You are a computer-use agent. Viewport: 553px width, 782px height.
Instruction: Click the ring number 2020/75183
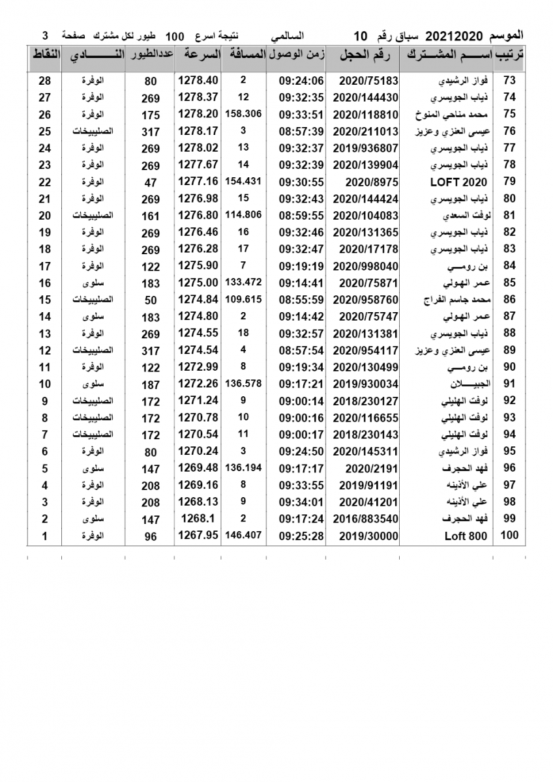pyautogui.click(x=365, y=81)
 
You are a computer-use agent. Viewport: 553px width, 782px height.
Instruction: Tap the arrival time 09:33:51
pyautogui.click(x=301, y=114)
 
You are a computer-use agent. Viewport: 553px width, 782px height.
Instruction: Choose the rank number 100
pyautogui.click(x=509, y=535)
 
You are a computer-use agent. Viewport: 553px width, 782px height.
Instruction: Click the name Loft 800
pyautogui.click(x=466, y=536)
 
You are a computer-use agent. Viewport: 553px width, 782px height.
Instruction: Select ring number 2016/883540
pyautogui.click(x=365, y=519)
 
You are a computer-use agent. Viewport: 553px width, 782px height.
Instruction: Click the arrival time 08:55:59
pyautogui.click(x=301, y=300)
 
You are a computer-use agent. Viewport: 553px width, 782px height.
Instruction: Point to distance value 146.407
pyautogui.click(x=243, y=535)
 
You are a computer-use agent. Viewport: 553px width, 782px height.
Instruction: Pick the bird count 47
pyautogui.click(x=151, y=182)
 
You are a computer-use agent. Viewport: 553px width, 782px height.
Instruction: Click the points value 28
pyautogui.click(x=44, y=81)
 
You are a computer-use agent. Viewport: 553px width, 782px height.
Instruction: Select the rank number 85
pyautogui.click(x=509, y=283)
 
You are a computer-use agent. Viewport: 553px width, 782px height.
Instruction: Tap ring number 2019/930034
pyautogui.click(x=365, y=384)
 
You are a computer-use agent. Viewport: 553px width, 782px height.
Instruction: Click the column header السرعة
pyautogui.click(x=198, y=55)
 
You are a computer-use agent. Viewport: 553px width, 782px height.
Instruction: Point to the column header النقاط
pyautogui.click(x=45, y=55)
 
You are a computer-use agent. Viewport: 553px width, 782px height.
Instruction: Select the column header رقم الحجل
pyautogui.click(x=365, y=55)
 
